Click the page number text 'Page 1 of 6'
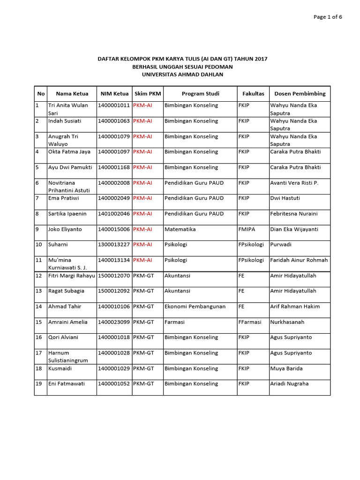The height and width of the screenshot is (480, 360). pos(328,17)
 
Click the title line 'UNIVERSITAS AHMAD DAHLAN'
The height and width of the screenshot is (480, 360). pos(182,74)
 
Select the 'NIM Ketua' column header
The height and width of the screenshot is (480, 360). pos(114,94)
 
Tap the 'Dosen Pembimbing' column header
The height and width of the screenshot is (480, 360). pos(300,94)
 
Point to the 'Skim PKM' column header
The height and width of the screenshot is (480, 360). pos(148,94)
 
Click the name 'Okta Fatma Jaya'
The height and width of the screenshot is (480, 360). pos(69,152)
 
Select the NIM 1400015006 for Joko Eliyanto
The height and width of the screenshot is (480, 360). pos(114,229)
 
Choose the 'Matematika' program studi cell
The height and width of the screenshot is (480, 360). pos(180,229)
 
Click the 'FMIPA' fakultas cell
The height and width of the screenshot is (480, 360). pos(247,229)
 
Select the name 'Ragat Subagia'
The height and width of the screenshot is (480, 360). pos(67,291)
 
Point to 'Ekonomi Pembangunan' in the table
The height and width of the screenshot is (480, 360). pos(195,307)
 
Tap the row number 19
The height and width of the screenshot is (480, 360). pos(39,383)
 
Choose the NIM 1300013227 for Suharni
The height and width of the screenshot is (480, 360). pos(114,245)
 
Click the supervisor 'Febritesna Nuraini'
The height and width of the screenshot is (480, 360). pos(294,214)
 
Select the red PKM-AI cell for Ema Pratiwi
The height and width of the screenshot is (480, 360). pos(142,198)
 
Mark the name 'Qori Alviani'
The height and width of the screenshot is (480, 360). pos(63,337)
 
